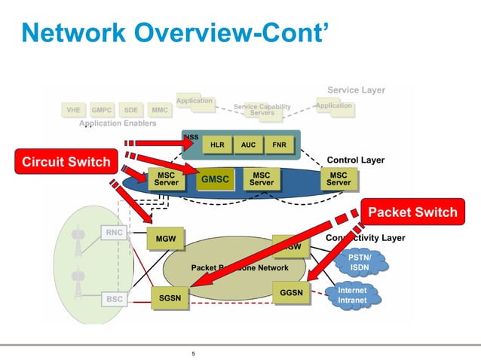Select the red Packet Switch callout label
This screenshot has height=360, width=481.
coord(411,212)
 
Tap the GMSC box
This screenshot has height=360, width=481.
coord(213,180)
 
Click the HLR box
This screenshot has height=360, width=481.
coord(217,145)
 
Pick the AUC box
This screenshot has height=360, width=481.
coord(248,145)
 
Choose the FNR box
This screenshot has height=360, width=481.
coord(279,145)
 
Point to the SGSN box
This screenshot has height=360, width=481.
coord(170,298)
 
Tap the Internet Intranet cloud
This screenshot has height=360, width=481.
coord(352,295)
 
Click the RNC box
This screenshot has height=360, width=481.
coord(114,233)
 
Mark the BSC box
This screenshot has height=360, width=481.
coord(114,299)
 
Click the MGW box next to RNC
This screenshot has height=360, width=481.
coord(166,239)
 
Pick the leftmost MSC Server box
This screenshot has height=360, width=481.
coord(166,178)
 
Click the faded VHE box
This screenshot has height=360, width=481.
coord(73,110)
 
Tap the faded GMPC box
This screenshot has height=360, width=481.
coord(102,110)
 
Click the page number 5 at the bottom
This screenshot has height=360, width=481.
coord(194,353)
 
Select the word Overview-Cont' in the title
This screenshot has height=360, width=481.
coord(230,32)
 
